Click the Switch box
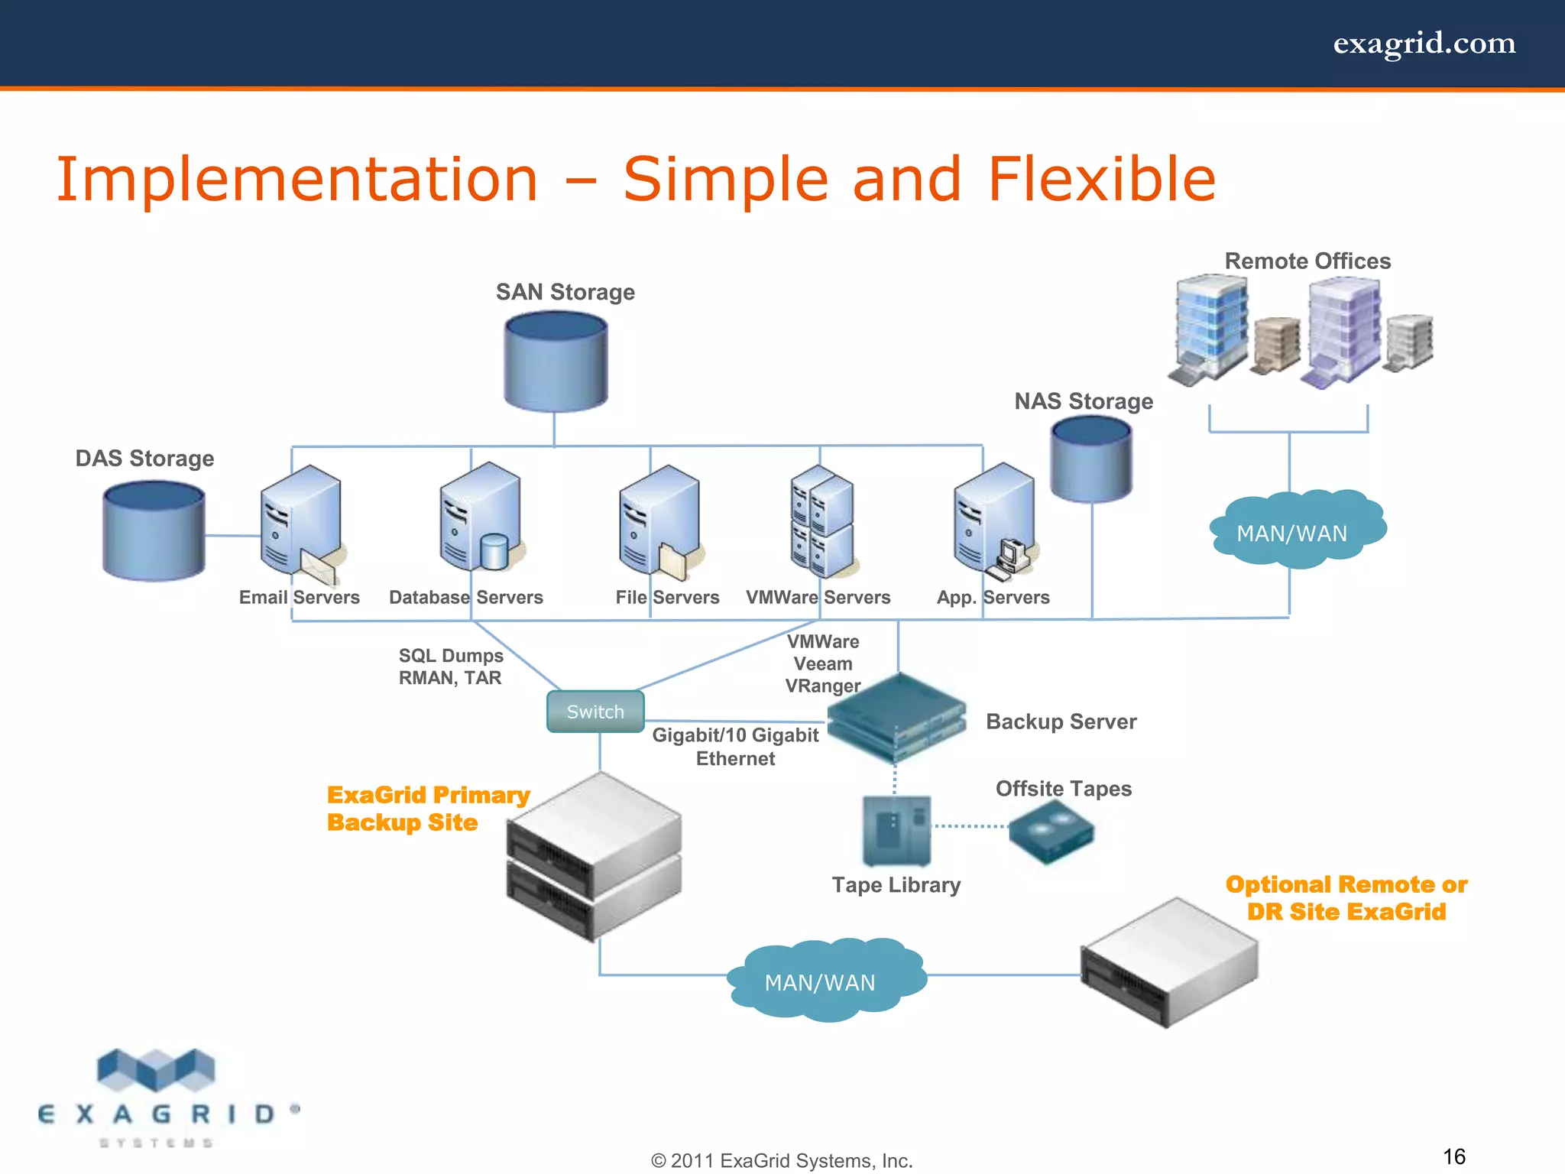595,712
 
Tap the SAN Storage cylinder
556,362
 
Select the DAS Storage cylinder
154,531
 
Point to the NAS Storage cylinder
1091,459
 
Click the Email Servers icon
300,523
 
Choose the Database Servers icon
480,519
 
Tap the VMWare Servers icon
822,523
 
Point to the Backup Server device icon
897,718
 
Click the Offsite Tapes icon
1051,832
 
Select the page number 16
1453,1156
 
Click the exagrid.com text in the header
1424,44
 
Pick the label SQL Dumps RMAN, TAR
451,666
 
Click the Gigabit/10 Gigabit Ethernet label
735,747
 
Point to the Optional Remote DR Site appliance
1168,963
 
